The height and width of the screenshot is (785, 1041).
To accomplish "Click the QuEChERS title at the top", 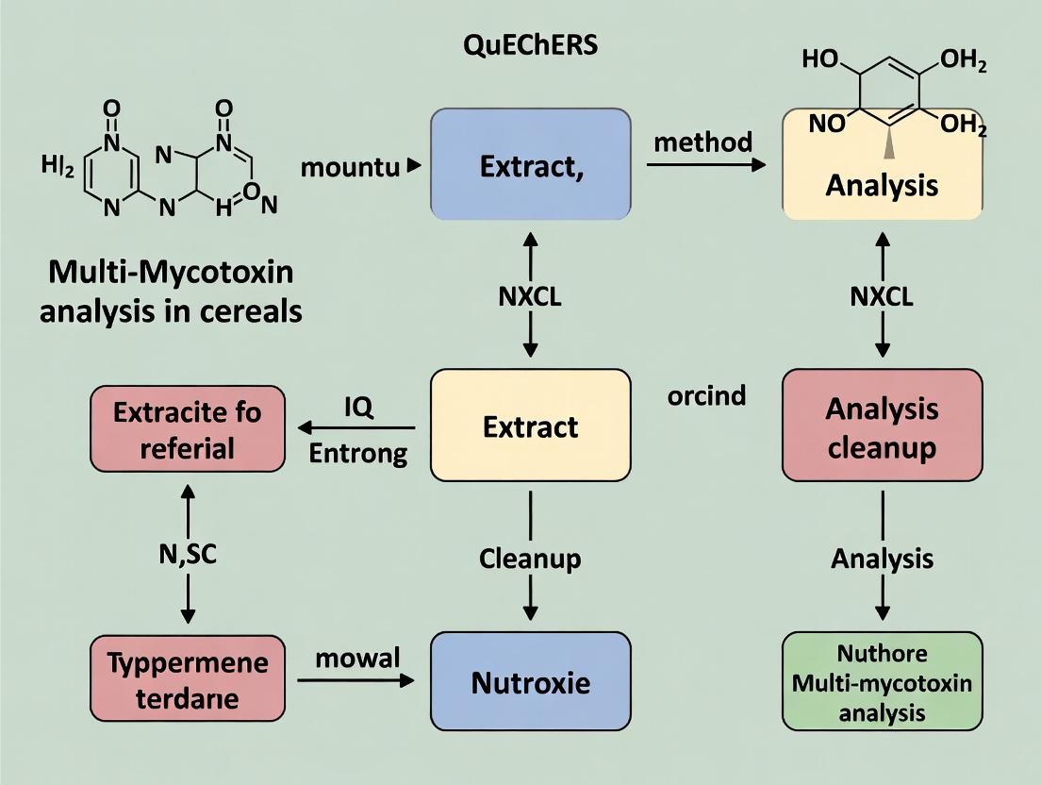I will point(531,46).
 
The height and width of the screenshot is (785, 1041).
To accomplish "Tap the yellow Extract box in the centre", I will point(530,426).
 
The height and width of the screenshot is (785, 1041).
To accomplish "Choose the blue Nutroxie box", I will point(530,681).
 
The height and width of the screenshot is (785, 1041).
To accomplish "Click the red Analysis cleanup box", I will point(882,426).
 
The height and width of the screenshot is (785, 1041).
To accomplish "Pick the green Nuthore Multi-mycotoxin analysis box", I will point(882,681).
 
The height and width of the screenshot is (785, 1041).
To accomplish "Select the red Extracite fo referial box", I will point(187,428).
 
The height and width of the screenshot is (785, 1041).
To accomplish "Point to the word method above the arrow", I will point(702,142).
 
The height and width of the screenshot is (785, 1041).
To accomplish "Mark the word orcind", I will point(706,394).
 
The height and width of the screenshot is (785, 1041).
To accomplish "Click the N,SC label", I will point(187,555).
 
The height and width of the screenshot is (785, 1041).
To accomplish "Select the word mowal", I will point(357,657).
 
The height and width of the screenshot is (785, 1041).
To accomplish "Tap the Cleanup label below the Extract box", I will point(530,559).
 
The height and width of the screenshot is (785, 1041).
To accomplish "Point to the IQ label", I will point(358,407).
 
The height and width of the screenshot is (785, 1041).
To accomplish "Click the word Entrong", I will point(358,453).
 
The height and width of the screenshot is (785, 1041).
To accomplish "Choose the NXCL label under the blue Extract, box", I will point(530,297).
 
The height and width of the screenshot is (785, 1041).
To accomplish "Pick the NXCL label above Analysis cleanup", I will point(882,297).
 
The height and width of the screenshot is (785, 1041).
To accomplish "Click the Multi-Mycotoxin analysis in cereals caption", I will point(171,292).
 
